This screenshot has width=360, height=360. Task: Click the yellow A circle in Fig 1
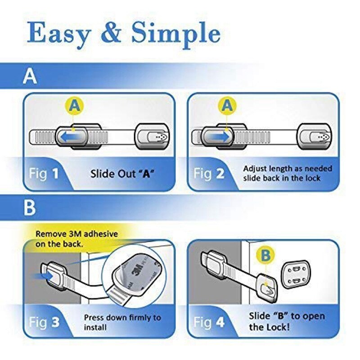click(76, 106)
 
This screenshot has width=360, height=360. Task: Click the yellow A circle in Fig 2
click(228, 106)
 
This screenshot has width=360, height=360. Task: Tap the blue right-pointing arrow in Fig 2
click(216, 135)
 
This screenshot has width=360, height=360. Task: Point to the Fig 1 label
click(44, 174)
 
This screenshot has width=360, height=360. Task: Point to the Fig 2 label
click(208, 174)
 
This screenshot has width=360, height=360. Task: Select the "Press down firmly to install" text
click(122, 322)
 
